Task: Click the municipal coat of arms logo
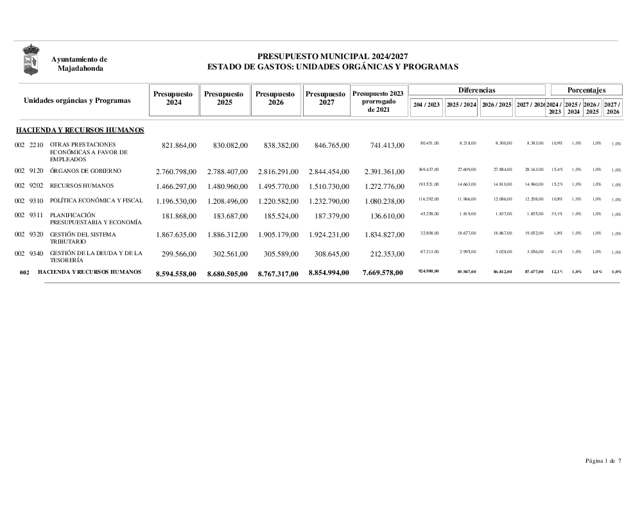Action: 30,59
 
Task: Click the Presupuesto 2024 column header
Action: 173,98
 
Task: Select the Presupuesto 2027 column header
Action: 326,98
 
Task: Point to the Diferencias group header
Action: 476,90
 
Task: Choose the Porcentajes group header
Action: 586,90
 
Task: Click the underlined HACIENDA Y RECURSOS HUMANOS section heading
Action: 80,130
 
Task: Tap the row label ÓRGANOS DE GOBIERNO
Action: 85,171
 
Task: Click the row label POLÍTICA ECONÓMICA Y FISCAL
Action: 96,201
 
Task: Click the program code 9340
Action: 37,253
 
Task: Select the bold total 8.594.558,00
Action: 175,273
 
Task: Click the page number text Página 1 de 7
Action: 603,460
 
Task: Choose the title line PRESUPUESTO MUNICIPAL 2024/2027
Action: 333,57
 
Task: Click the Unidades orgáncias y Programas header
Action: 77,100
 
